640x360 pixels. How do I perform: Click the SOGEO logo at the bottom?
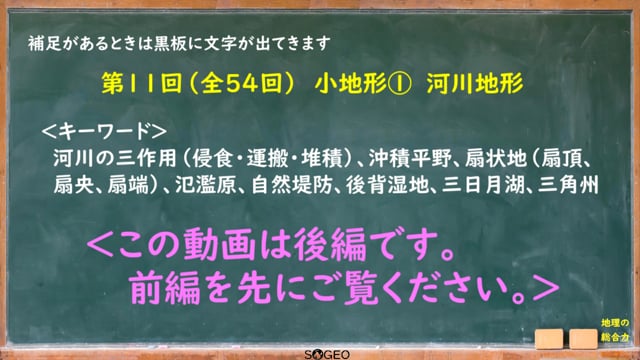coord(327,354)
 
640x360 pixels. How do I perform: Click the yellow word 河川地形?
coord(475,84)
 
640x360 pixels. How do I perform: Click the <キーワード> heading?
coord(104,131)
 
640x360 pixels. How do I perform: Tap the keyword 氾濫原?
coord(205,185)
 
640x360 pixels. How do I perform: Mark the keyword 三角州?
coord(569,185)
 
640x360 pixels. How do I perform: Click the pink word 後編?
coord(330,244)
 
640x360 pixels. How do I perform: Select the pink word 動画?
coord(219,244)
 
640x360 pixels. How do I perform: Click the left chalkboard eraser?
coord(549,339)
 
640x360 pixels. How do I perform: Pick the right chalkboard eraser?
coord(584,339)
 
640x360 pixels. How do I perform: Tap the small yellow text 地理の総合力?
coord(615,330)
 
